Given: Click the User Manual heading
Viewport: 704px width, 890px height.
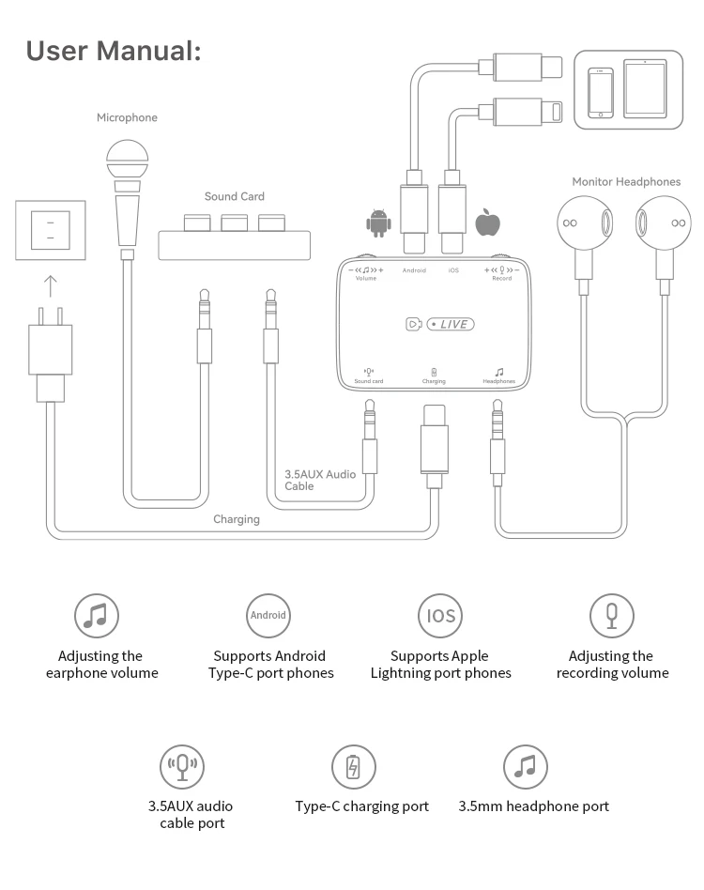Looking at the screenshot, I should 114,51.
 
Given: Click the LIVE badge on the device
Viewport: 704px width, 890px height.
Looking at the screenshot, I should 451,324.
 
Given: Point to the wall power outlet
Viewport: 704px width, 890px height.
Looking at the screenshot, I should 51,229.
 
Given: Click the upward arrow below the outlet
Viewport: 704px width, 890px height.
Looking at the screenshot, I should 51,285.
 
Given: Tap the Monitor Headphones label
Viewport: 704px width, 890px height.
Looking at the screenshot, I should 626,181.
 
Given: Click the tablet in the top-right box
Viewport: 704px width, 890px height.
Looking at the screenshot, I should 644,89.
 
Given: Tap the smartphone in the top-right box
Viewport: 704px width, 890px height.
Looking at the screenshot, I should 600,91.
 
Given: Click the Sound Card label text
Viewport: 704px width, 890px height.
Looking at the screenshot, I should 235,196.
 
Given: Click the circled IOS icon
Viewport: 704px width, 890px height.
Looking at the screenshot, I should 440,616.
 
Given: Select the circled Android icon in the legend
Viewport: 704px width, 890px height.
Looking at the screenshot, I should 268,616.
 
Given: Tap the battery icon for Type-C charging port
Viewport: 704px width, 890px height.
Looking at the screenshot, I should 354,767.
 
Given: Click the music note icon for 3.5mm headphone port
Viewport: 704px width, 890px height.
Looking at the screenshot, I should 526,767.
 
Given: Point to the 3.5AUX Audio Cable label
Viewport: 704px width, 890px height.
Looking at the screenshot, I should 320,480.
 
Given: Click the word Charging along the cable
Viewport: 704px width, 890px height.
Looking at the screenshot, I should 237,518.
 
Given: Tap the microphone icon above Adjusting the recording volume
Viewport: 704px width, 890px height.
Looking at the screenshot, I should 612,616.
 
